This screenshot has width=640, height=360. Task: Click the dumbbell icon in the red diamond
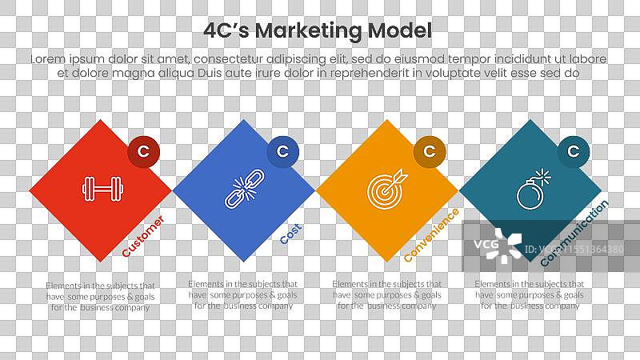(x=100, y=190)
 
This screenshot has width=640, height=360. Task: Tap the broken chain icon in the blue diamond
(x=243, y=190)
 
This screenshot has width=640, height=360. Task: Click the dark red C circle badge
(x=143, y=151)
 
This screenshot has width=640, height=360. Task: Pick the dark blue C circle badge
(x=282, y=151)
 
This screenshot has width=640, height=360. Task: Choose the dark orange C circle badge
(x=430, y=151)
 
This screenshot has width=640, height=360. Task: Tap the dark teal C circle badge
(x=573, y=151)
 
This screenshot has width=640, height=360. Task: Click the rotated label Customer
(x=143, y=236)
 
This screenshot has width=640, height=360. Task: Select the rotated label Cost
(x=290, y=233)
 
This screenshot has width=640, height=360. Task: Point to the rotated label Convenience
(x=431, y=235)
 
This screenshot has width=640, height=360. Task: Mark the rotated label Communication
(x=574, y=233)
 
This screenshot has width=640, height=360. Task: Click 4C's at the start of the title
(x=226, y=31)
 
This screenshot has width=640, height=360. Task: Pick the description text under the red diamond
(x=100, y=295)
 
